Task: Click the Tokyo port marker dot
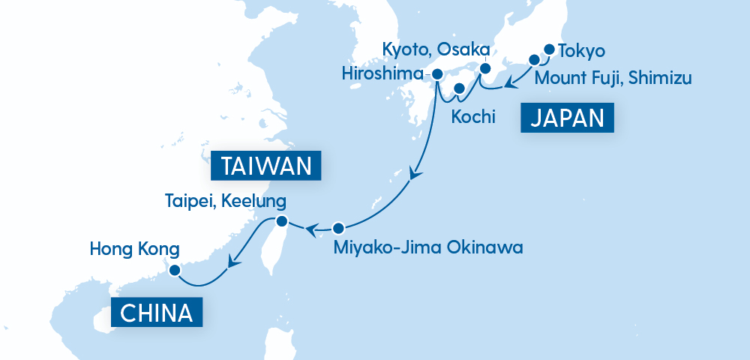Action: point(548,50)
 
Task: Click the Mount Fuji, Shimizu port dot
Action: point(535,60)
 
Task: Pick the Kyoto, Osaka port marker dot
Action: point(484,69)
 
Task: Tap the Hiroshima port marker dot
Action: point(436,74)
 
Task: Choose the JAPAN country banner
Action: point(567,118)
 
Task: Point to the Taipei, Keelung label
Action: point(226,201)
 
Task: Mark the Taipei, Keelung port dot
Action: point(281,221)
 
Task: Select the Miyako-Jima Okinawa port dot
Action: point(338,228)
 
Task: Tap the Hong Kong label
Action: point(135,247)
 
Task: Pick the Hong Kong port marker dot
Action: point(174,271)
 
